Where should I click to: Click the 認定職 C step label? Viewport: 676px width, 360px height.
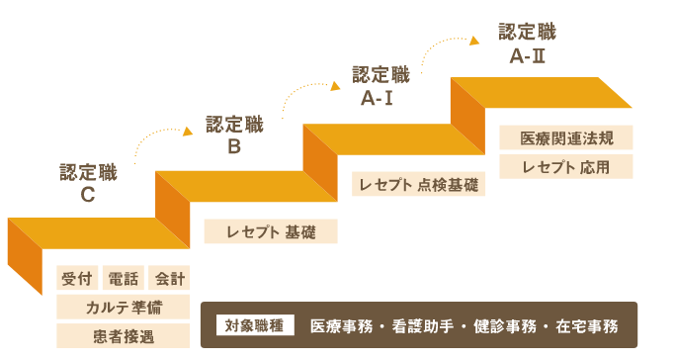click(x=88, y=183)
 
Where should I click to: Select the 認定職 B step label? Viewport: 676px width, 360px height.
click(x=234, y=135)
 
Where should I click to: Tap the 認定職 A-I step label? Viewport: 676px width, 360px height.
click(x=380, y=87)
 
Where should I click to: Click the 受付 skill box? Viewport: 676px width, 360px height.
click(x=76, y=278)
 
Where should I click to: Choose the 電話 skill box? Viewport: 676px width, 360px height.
click(x=124, y=278)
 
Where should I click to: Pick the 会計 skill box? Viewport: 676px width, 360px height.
click(x=169, y=278)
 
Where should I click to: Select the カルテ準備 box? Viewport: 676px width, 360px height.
click(x=124, y=307)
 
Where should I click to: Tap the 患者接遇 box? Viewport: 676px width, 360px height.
click(x=124, y=335)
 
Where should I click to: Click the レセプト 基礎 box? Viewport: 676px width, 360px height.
click(x=271, y=231)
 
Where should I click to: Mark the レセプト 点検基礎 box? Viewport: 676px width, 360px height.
click(x=419, y=184)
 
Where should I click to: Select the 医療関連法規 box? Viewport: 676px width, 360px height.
click(x=565, y=137)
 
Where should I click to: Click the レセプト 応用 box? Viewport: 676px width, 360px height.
click(x=565, y=166)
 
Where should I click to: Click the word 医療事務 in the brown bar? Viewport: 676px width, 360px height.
click(x=343, y=325)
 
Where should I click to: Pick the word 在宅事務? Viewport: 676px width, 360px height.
click(x=588, y=325)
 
